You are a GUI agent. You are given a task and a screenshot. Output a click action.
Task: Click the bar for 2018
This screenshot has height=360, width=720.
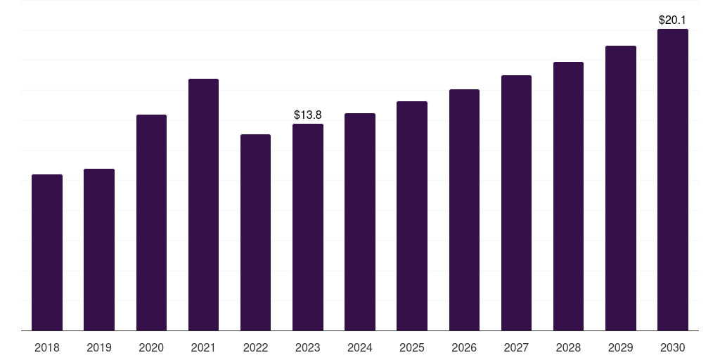click(47, 252)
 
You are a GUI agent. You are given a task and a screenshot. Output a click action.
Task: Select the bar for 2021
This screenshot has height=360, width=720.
click(203, 205)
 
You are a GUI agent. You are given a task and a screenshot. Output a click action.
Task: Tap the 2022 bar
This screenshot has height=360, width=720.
click(255, 232)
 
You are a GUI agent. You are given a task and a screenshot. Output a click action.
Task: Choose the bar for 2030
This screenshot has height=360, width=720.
click(673, 179)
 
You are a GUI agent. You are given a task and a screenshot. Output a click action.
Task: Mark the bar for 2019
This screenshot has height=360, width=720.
click(99, 250)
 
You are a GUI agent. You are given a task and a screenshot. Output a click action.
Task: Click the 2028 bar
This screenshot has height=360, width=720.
click(568, 196)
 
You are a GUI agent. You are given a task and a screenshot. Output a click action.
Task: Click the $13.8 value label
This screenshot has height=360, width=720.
click(308, 114)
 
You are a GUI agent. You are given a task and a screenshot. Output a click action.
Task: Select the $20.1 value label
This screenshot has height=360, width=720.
click(673, 20)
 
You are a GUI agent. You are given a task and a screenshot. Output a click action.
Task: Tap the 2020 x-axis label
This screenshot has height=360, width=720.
click(151, 347)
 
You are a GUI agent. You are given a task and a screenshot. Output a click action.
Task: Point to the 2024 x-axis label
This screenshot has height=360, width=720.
click(360, 347)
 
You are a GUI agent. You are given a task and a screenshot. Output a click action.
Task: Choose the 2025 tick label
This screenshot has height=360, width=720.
click(412, 347)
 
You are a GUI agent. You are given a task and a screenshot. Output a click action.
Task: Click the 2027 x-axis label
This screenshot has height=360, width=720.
click(516, 347)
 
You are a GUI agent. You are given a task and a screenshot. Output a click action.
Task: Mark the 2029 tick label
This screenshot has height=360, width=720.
click(620, 347)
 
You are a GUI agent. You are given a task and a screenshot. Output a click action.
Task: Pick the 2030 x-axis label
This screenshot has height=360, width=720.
click(673, 347)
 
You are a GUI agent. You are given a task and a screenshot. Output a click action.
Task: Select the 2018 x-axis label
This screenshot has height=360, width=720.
click(47, 347)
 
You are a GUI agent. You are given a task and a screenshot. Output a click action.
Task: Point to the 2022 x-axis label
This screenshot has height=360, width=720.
click(255, 347)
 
